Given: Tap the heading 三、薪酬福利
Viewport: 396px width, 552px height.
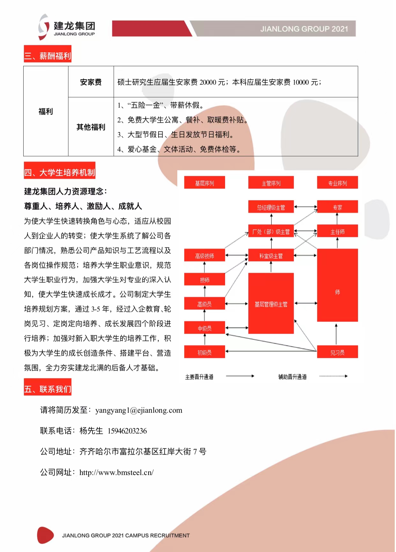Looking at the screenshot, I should pyautogui.click(x=48, y=56).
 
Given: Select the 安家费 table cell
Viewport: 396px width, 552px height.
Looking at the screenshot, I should pyautogui.click(x=91, y=82).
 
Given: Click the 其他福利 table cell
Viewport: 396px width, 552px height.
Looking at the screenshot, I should pyautogui.click(x=91, y=127).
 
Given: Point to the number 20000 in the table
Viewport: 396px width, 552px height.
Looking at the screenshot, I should pyautogui.click(x=208, y=82).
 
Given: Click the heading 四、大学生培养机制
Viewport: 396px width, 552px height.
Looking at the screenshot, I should pyautogui.click(x=60, y=172).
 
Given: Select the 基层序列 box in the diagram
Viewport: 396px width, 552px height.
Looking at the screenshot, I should pyautogui.click(x=204, y=183).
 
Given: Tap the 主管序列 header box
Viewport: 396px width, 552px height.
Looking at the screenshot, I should pyautogui.click(x=271, y=183).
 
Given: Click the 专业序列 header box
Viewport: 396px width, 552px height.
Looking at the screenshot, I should pyautogui.click(x=337, y=183).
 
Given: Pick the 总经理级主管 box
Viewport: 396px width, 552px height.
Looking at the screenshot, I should pyautogui.click(x=271, y=207).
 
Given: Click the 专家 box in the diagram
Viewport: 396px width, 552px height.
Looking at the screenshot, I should pyautogui.click(x=337, y=207).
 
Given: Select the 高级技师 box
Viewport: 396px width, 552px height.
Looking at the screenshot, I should pyautogui.click(x=204, y=256).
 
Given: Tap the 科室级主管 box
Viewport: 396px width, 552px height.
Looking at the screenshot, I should pyautogui.click(x=271, y=256).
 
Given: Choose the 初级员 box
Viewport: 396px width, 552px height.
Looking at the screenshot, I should pyautogui.click(x=204, y=352).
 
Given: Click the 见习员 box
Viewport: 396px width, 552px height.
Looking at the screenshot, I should pyautogui.click(x=337, y=352).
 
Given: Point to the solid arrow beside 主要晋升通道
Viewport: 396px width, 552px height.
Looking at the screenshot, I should pyautogui.click(x=240, y=376).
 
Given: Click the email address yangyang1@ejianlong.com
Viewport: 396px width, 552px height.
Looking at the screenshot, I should pyautogui.click(x=139, y=410).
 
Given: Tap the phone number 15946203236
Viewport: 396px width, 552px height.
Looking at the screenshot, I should pyautogui.click(x=127, y=431).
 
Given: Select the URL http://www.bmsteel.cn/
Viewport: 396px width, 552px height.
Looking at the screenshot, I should pyautogui.click(x=116, y=473).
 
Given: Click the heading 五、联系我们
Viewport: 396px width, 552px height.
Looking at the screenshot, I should pyautogui.click(x=48, y=389).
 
